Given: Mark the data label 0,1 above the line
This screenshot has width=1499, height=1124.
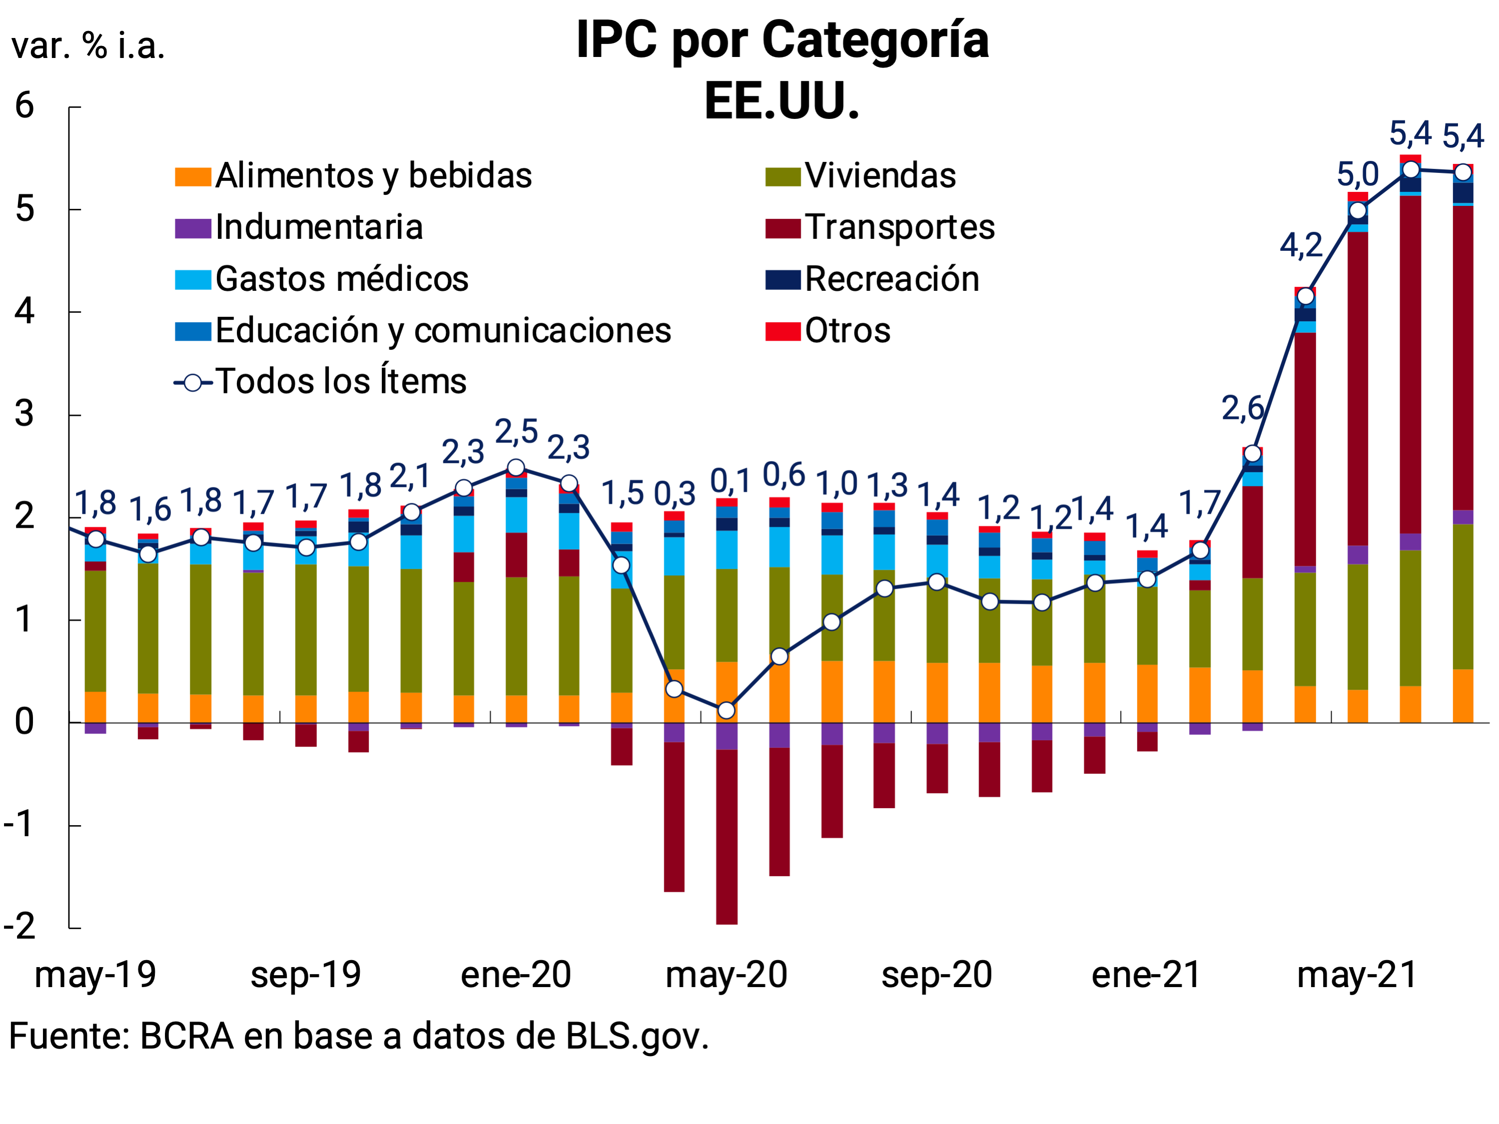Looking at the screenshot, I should coord(730,482).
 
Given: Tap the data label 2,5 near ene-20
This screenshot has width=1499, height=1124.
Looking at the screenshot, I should coord(516,432).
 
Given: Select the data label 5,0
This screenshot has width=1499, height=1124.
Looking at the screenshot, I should coord(1358,175).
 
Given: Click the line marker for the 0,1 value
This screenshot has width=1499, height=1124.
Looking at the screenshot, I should coord(726,710).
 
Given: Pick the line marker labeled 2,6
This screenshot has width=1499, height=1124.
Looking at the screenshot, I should coord(1252,453).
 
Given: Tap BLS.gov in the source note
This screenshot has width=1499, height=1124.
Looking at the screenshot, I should coord(637,1037).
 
